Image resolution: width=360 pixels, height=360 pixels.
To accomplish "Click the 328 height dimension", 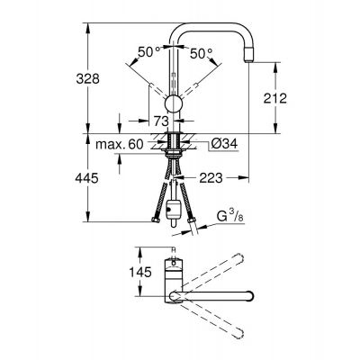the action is [87, 79].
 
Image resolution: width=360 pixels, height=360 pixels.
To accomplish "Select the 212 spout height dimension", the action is [275, 98].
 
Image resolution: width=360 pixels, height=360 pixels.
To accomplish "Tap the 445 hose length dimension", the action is [86, 178].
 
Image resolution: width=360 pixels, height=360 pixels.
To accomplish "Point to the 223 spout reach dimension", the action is [211, 178].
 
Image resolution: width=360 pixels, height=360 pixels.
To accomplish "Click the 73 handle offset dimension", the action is [161, 121].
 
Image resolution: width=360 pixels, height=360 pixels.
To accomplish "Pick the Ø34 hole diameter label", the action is [224, 144].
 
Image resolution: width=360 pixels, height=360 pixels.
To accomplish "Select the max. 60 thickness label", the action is [120, 145].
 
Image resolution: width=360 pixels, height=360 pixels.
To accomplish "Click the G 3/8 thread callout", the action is [229, 217].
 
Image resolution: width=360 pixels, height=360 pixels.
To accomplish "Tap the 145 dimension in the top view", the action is [140, 272].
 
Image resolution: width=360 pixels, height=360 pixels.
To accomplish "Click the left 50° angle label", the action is [149, 52].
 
